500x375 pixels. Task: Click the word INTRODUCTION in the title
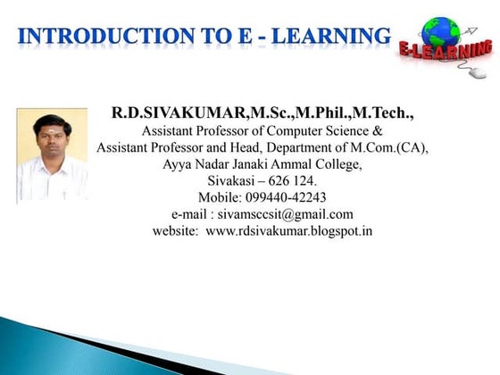92,36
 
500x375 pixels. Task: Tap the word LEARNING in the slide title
334,36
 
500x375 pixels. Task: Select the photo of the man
52,154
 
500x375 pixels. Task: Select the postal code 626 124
291,180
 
